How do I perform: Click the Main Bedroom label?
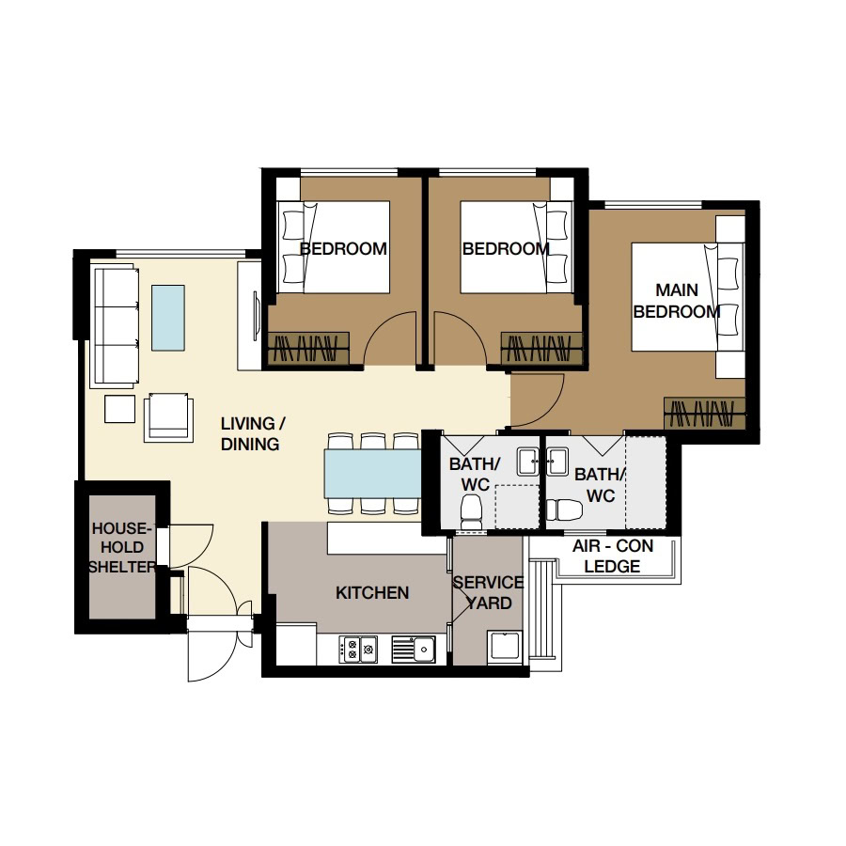coord(676,301)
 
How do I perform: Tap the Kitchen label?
coord(372,593)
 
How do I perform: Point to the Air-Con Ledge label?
coord(612,556)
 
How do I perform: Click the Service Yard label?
coord(488,593)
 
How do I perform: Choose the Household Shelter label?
coord(122,548)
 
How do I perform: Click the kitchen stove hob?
coord(358,649)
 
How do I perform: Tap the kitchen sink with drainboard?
coord(414,649)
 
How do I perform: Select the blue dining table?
coord(372,474)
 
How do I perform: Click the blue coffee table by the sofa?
coord(168,318)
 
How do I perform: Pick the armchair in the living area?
coord(168,417)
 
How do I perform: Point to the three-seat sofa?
coord(115,325)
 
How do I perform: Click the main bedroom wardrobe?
coord(704,414)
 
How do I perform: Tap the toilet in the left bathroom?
coord(471,512)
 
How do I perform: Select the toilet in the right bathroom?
coord(564,509)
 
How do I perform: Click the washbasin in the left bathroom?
coord(527,462)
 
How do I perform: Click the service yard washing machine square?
coord(506,646)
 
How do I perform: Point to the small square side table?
coord(119,409)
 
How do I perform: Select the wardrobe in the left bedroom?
coord(308,348)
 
